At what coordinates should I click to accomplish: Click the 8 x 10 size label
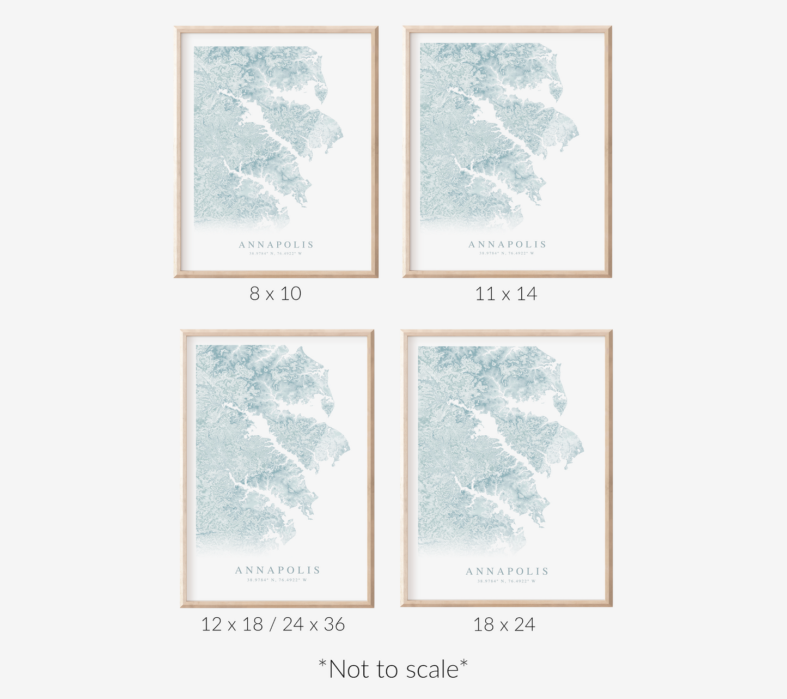coord(275,294)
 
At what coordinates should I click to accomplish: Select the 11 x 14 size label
coord(506,294)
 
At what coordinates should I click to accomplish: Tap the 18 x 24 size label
coord(504,624)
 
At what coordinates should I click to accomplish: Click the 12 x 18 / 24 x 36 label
coord(273,624)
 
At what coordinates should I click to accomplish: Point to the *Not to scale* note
coord(393,669)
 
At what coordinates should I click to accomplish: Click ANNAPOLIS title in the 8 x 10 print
coord(276,245)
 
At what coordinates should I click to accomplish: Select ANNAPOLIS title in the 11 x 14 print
coord(507,245)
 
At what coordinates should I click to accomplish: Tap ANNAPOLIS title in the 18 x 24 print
coord(507,572)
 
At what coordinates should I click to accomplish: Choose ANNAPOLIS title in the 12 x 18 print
coord(277,570)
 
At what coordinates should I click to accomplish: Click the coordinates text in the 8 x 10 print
coord(276,253)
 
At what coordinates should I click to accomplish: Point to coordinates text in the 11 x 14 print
coord(507,253)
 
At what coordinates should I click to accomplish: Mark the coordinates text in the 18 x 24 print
coord(507,581)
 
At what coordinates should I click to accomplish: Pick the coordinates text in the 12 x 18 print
coord(277,580)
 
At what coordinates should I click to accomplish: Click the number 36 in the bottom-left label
coord(334,624)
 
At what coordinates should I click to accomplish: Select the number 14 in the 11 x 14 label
coord(526,294)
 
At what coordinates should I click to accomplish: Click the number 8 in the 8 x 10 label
coord(255,294)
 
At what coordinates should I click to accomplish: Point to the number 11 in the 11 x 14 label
coord(485,294)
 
